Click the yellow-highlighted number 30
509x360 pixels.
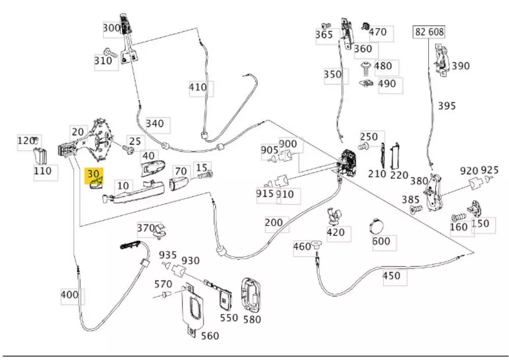(x=94, y=174)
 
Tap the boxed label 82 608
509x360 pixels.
(x=429, y=32)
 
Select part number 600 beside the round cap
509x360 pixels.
(x=381, y=241)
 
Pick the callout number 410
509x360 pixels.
(x=198, y=87)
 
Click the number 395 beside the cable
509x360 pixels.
(x=447, y=106)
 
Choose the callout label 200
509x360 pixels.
(x=274, y=223)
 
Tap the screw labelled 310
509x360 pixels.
(x=109, y=52)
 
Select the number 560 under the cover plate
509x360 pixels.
(x=210, y=336)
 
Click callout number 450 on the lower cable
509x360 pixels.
(x=391, y=276)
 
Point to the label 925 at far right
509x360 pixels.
(x=489, y=170)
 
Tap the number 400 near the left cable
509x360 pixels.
(x=69, y=294)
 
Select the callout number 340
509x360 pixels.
(x=155, y=123)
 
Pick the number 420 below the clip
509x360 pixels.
(x=335, y=232)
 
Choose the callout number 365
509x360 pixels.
(x=324, y=35)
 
